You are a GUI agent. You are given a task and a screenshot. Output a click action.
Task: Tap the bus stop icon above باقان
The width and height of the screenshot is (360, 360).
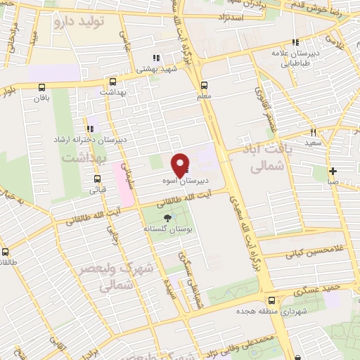pos(42,88)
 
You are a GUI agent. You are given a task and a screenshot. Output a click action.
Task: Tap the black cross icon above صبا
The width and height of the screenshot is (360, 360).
pos(333,171)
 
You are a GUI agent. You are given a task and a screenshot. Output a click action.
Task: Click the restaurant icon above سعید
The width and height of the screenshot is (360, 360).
pos(312,131)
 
